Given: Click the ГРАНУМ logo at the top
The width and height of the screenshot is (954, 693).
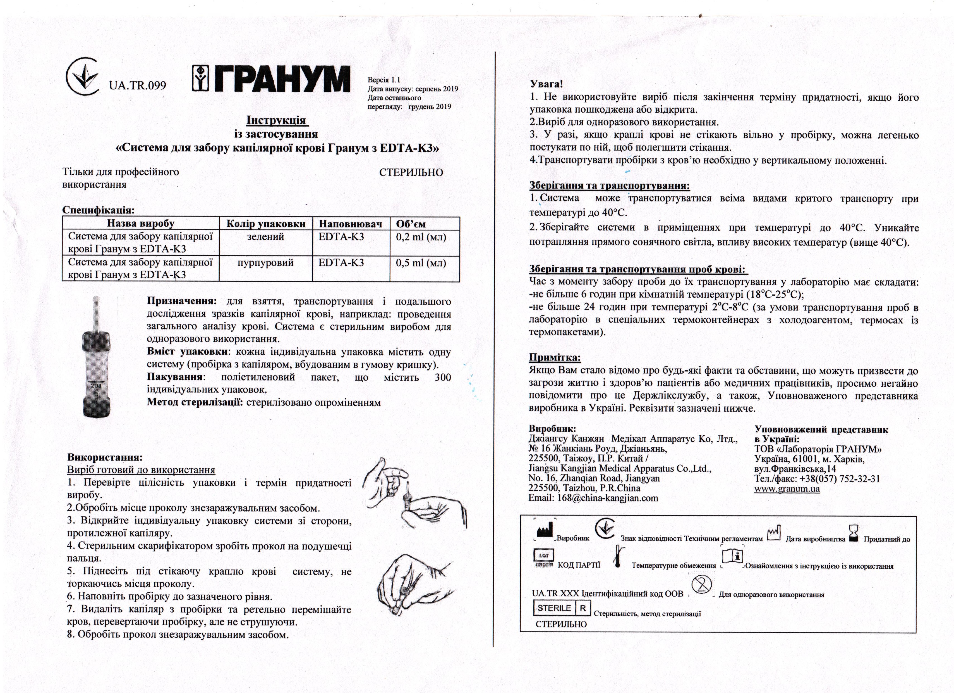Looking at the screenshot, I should pos(271,79).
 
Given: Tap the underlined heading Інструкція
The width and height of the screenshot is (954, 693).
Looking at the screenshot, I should pos(277,121).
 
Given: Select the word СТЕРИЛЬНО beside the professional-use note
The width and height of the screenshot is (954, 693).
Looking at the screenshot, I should pos(411,173).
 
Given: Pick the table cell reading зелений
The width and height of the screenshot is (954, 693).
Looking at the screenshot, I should pos(265,237).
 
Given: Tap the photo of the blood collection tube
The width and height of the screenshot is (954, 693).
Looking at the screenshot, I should pos(98,358).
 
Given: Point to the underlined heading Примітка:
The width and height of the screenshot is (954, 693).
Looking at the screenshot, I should pos(554,358).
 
